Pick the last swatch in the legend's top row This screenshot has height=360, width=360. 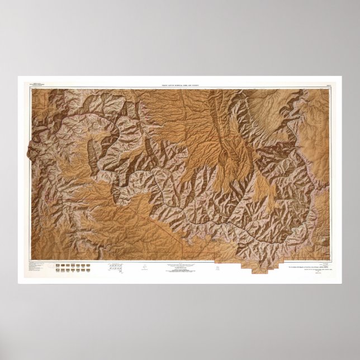[89, 265]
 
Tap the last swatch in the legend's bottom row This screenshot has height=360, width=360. [89, 270]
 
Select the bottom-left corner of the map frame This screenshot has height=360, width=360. [31, 260]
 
